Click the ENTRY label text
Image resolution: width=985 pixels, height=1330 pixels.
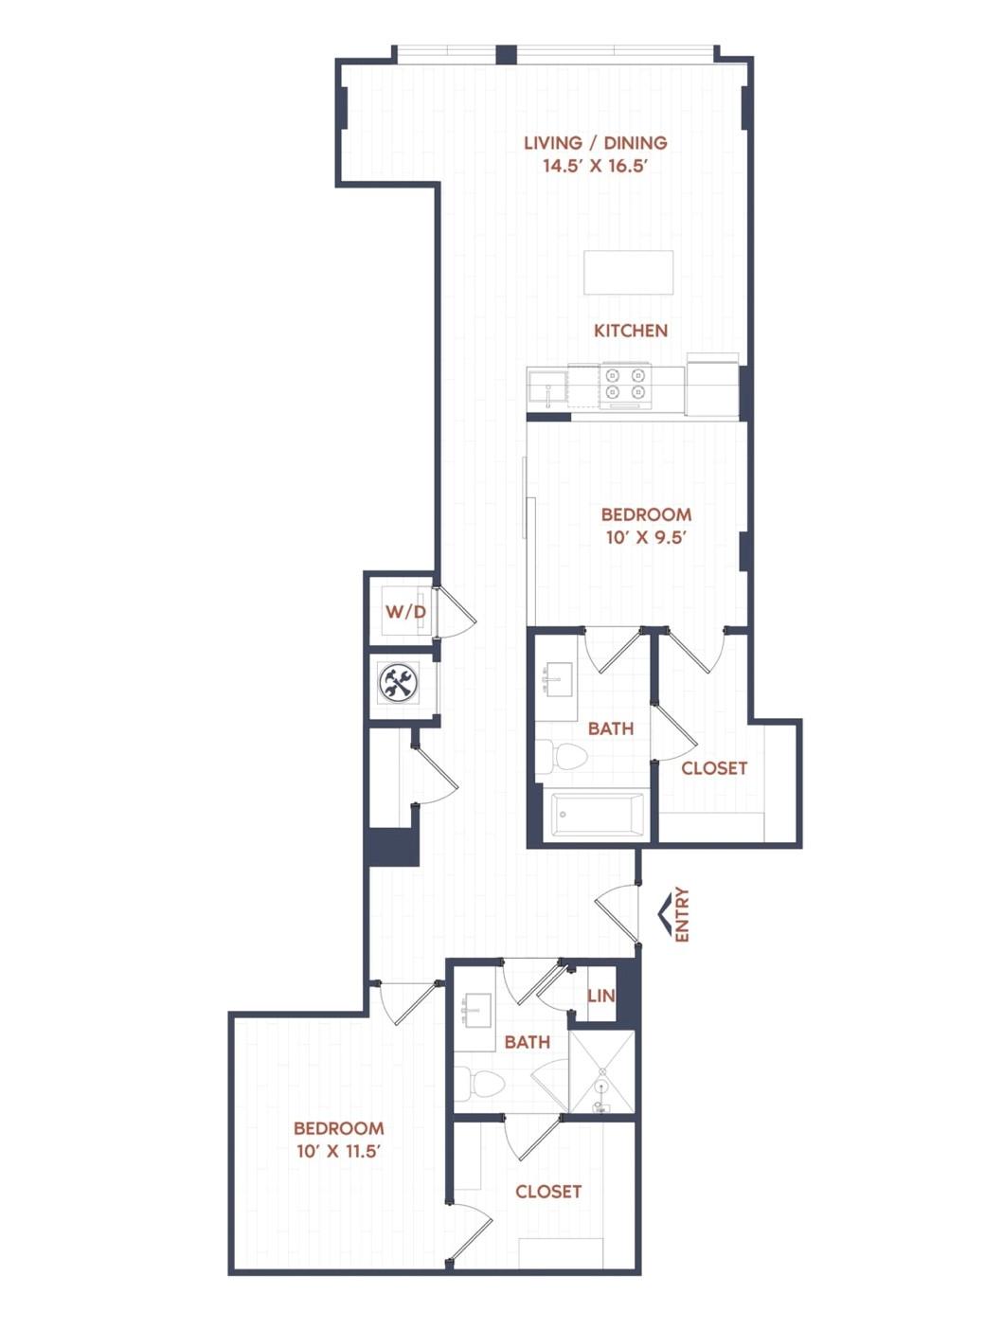pyautogui.click(x=682, y=914)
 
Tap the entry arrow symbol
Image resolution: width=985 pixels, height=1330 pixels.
pyautogui.click(x=664, y=915)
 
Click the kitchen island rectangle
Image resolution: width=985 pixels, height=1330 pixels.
pyautogui.click(x=628, y=272)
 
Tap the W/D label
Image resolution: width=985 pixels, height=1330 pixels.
pyautogui.click(x=406, y=612)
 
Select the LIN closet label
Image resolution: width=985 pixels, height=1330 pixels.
pyautogui.click(x=601, y=996)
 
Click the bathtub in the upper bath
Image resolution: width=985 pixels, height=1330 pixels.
pyautogui.click(x=597, y=815)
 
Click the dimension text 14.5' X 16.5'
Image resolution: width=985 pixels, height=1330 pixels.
pyautogui.click(x=596, y=166)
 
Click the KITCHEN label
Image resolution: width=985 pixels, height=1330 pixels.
pyautogui.click(x=631, y=331)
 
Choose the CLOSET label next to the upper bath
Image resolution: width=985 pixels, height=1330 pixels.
pyautogui.click(x=714, y=768)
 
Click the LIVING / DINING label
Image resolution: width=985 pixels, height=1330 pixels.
pyautogui.click(x=596, y=143)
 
